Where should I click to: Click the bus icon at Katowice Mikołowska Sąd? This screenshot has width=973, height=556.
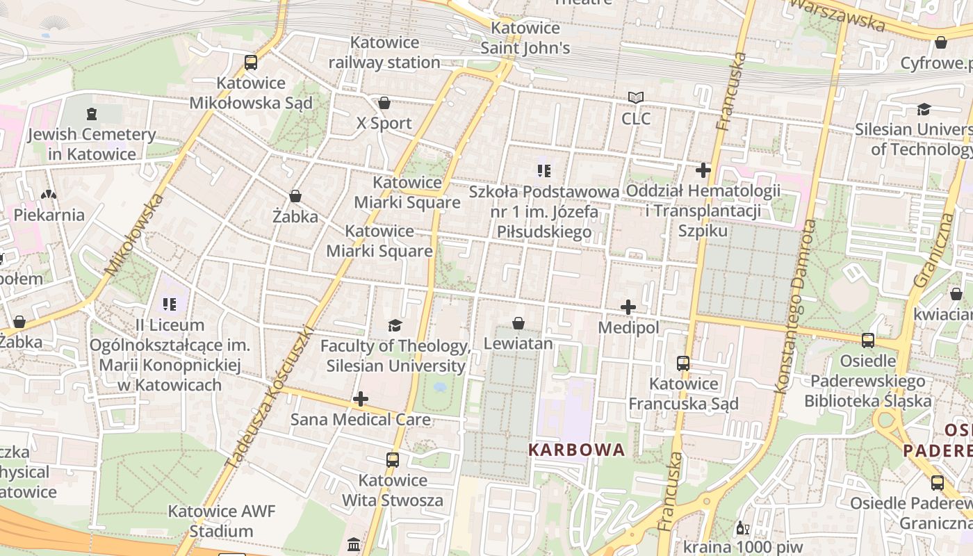click(251, 63)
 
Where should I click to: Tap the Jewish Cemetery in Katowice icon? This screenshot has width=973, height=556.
click(92, 114)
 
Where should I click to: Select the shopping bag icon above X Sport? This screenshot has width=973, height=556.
click(384, 104)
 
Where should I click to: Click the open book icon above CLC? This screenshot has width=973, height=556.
click(636, 98)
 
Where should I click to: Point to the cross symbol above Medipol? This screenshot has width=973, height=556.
click(628, 307)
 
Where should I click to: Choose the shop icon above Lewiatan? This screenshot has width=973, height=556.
click(518, 323)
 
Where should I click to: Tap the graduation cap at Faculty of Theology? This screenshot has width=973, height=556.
click(395, 325)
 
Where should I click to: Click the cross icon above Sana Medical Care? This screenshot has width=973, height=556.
click(361, 399)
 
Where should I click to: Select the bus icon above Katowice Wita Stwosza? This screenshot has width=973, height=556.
click(393, 460)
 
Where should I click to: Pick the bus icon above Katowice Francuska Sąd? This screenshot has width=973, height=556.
click(683, 363)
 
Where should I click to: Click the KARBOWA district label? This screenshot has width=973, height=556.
click(577, 450)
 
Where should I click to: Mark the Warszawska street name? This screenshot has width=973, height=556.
click(837, 15)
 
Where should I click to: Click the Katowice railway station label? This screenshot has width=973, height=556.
click(384, 53)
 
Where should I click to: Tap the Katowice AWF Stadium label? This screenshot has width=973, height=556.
click(222, 521)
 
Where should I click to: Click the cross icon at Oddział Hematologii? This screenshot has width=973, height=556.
click(703, 170)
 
